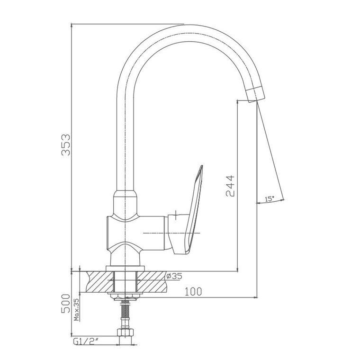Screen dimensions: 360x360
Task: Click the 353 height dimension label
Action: (x=66, y=144)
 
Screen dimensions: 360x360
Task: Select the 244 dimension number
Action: (x=230, y=186)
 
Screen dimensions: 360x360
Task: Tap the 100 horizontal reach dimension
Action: (x=193, y=292)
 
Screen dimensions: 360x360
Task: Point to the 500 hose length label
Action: (x=66, y=303)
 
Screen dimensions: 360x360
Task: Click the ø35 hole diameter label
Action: (x=174, y=276)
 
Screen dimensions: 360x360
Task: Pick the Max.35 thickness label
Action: (x=77, y=309)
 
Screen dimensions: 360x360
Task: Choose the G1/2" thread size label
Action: (x=86, y=342)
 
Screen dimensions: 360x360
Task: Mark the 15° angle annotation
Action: (x=270, y=199)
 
